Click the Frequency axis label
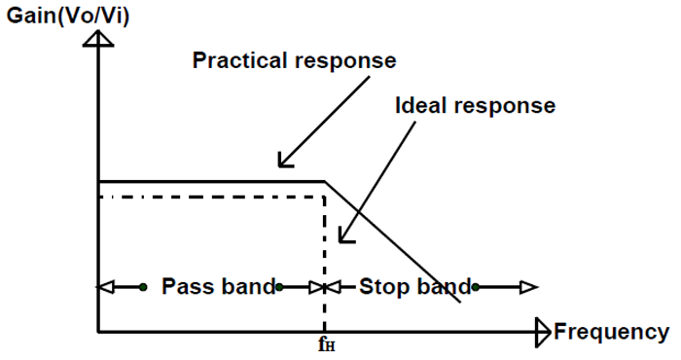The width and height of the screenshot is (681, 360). click(x=611, y=333)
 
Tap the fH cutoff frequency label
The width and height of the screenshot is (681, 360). click(x=324, y=345)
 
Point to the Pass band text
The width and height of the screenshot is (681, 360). click(x=218, y=287)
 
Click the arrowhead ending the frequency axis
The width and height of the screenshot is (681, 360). click(x=543, y=333)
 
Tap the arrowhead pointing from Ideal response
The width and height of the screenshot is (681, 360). click(x=342, y=235)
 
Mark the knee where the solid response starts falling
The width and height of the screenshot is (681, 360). click(x=323, y=181)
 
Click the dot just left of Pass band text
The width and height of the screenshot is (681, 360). click(x=143, y=287)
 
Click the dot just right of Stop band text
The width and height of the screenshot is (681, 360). click(x=476, y=287)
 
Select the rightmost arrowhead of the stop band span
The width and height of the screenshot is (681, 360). click(x=528, y=287)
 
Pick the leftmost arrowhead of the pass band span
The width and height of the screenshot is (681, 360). click(x=105, y=287)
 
